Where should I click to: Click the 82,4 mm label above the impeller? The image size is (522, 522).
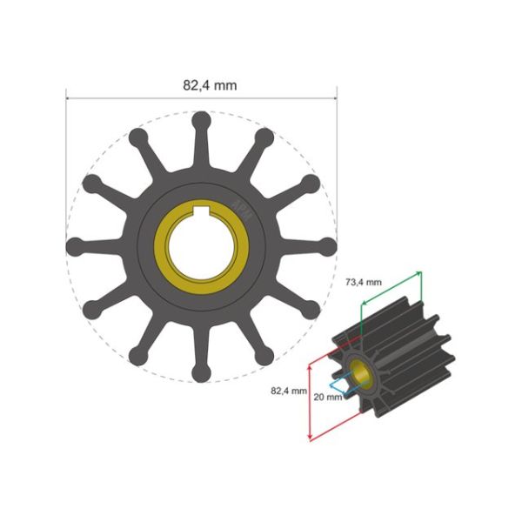pos(210,85)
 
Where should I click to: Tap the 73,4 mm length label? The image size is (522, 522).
pos(357,283)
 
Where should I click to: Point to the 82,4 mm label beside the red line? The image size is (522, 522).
pos(289,391)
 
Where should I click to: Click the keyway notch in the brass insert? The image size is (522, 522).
pos(201,210)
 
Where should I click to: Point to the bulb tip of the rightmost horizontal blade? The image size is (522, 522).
pos(328,246)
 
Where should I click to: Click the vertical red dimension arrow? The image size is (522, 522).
pos(310,400)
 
